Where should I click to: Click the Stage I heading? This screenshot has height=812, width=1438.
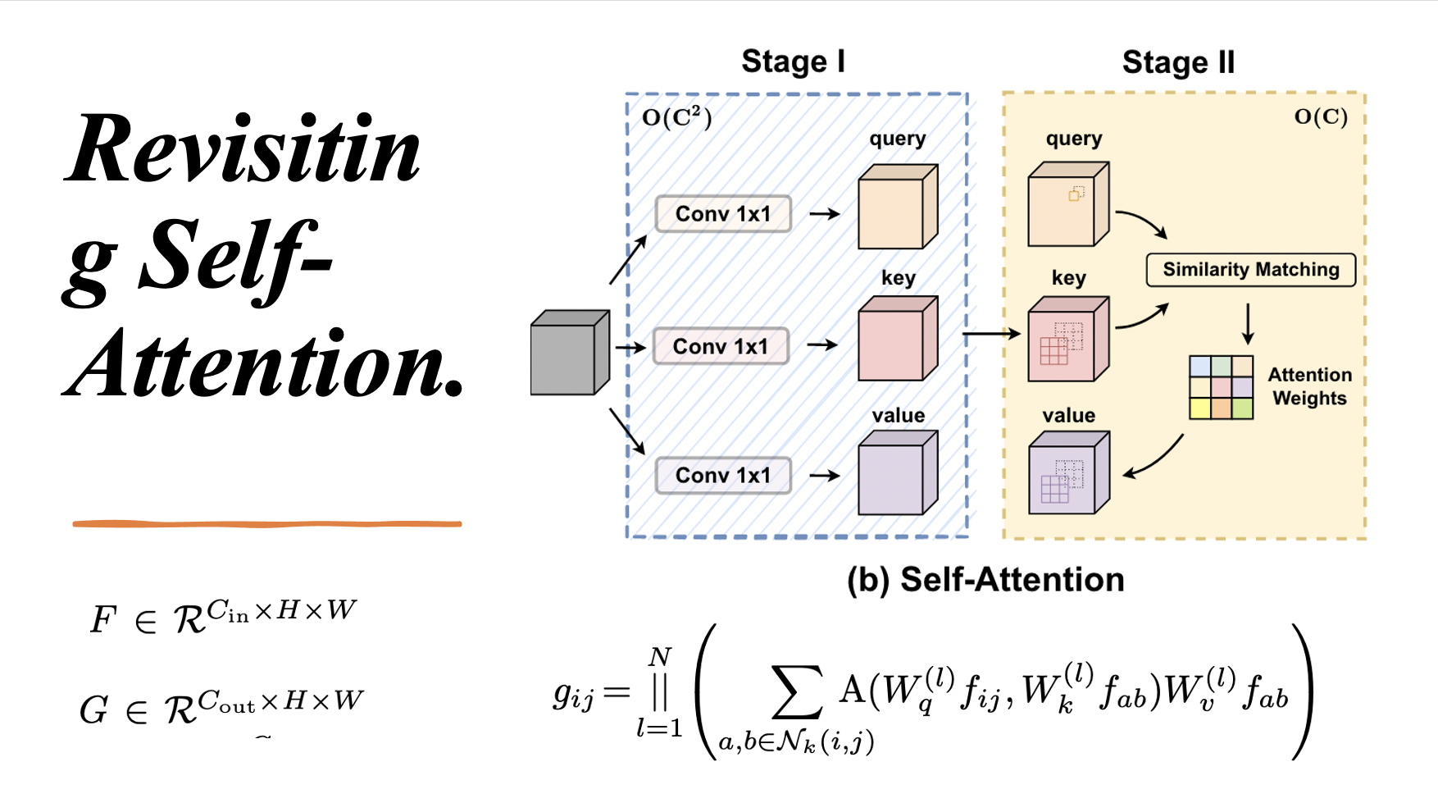coord(793,62)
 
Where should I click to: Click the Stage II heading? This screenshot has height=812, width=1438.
coord(1178,62)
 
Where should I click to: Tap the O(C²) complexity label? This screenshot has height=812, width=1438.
coord(676,117)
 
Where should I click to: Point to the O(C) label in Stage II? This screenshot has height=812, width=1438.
coord(1320,116)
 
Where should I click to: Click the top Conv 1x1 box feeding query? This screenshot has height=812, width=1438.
coord(723,214)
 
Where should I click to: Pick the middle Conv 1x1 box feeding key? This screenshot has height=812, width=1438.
coord(721,346)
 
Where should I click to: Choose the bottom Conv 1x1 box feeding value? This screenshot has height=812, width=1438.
coord(723,476)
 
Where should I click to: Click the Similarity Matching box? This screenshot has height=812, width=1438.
coord(1250,270)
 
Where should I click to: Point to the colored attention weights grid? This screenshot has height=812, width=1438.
coord(1221,387)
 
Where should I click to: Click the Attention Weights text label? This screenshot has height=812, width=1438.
coord(1309,386)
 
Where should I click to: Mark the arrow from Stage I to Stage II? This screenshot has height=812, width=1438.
coord(990,334)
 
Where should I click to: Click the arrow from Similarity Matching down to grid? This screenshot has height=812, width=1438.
coord(1248,324)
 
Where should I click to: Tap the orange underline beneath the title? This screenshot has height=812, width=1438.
coord(266,523)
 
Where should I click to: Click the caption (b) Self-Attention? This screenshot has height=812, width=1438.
coord(985,580)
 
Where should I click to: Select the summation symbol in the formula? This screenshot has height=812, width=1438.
coord(796,693)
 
